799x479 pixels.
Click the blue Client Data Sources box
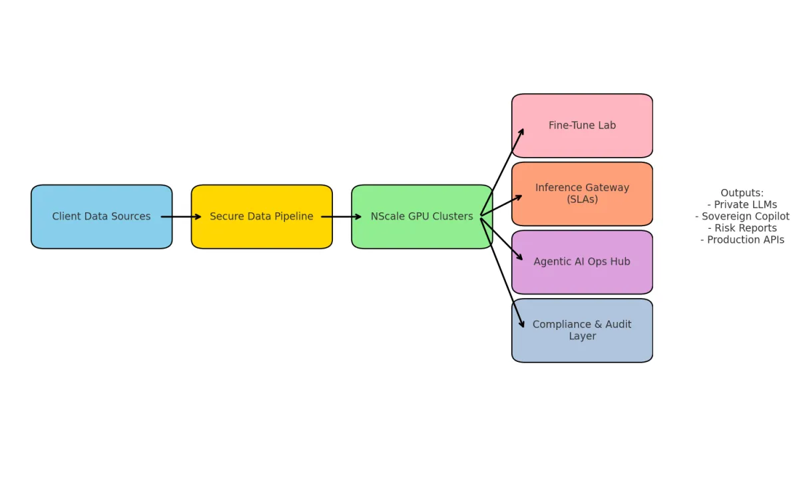pyautogui.click(x=101, y=217)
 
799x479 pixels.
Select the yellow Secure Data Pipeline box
pyautogui.click(x=262, y=217)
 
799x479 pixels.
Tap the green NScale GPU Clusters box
pyautogui.click(x=422, y=217)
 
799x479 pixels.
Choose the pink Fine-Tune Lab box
pyautogui.click(x=582, y=126)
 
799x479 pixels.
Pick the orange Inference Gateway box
pyautogui.click(x=582, y=194)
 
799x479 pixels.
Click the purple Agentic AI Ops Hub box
pyautogui.click(x=582, y=262)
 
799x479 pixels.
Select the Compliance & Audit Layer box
pyautogui.click(x=582, y=331)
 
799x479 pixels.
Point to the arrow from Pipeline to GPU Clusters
pyautogui.click(x=341, y=217)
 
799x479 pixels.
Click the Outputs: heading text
pyautogui.click(x=742, y=193)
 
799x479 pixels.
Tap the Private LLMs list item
pyautogui.click(x=742, y=205)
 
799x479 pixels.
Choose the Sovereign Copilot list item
pyautogui.click(x=742, y=216)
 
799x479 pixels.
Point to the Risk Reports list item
pyautogui.click(x=742, y=228)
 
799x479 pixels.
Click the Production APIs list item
pyautogui.click(x=742, y=239)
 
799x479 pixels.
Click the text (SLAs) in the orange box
pyautogui.click(x=582, y=200)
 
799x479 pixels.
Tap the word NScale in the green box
pyautogui.click(x=386, y=217)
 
